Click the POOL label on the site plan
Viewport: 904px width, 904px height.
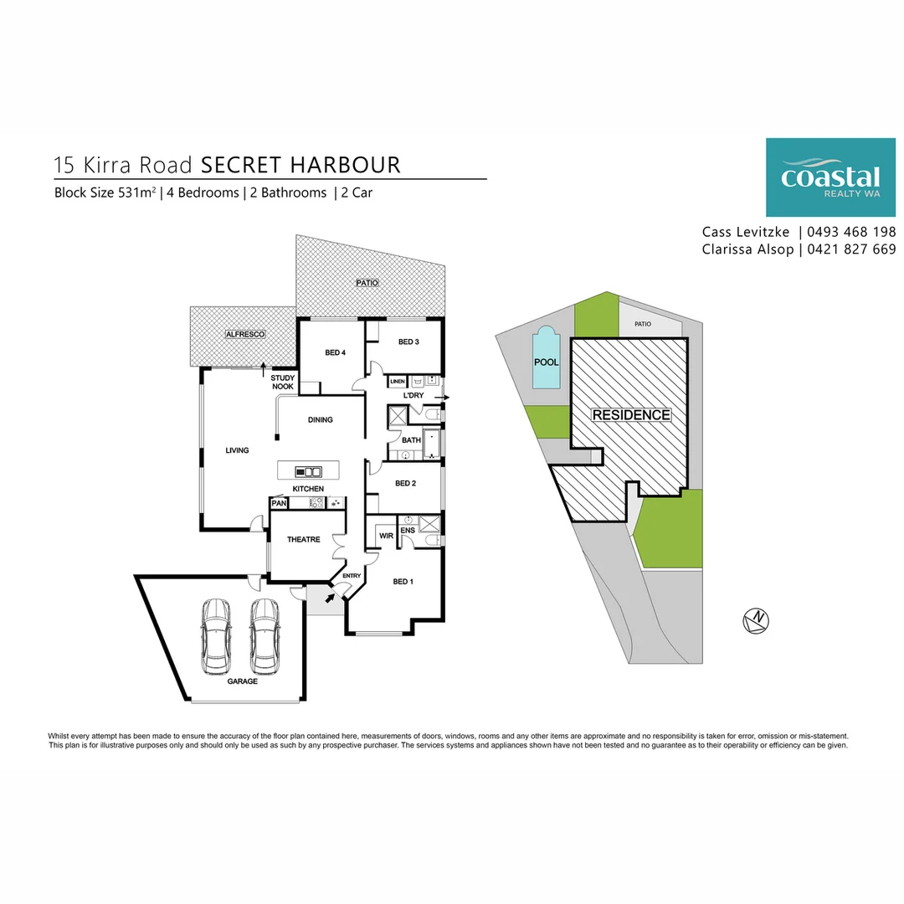pyautogui.click(x=547, y=362)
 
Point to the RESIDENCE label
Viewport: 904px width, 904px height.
pyautogui.click(x=631, y=415)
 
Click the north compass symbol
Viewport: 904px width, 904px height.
pyautogui.click(x=757, y=620)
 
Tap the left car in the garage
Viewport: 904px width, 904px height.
pyautogui.click(x=216, y=636)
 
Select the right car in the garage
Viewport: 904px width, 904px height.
pyautogui.click(x=265, y=636)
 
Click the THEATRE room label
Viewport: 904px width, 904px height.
pyautogui.click(x=304, y=540)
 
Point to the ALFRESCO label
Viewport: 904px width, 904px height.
pyautogui.click(x=245, y=335)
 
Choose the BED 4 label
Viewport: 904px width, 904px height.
pyautogui.click(x=335, y=353)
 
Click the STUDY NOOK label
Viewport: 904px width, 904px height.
pyautogui.click(x=283, y=383)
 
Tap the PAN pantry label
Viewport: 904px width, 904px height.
pyautogui.click(x=279, y=503)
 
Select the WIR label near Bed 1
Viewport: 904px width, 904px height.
pyautogui.click(x=386, y=535)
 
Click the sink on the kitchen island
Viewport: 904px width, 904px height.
pyautogui.click(x=309, y=471)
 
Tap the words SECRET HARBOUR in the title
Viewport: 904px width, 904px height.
pyautogui.click(x=301, y=165)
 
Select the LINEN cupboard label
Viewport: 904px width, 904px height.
pyautogui.click(x=398, y=383)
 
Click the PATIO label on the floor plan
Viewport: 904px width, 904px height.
pyautogui.click(x=367, y=283)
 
